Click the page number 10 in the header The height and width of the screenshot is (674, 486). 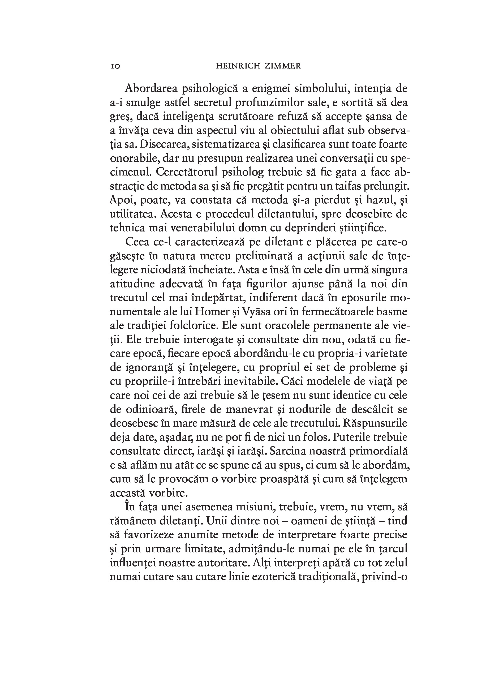115,66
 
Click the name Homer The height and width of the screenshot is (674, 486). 212,312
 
